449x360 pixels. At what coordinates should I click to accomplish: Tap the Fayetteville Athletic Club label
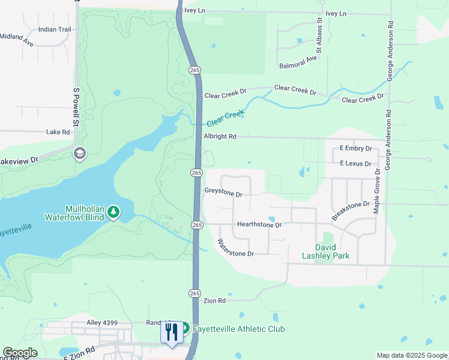coord(238,329)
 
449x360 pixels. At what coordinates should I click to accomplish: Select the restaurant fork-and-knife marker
coord(172,332)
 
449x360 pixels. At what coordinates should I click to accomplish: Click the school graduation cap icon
coord(79,154)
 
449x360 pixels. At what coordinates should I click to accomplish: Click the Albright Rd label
coord(220,137)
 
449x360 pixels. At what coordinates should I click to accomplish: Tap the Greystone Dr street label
coord(223,194)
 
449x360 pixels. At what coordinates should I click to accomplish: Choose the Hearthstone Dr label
coord(259,224)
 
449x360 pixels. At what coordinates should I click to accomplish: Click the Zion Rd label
coord(214,301)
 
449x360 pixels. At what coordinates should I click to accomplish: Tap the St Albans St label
coord(320,34)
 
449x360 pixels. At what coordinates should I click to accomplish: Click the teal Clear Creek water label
coord(226,118)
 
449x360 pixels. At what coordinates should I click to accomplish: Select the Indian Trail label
coord(55,29)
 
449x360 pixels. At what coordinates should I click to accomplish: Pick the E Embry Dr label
coord(356,148)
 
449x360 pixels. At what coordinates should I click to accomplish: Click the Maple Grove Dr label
coord(377,190)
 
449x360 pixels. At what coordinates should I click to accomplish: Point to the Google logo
coord(20,353)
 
